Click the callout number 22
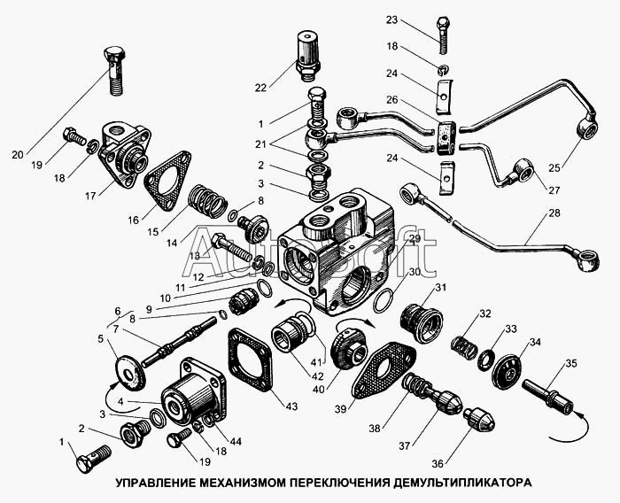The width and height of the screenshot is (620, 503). (x=260, y=88)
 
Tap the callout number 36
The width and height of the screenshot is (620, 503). (x=438, y=463)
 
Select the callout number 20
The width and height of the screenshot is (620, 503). (x=18, y=155)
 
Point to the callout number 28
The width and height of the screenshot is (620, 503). (x=554, y=213)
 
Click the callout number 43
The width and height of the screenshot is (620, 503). (x=291, y=406)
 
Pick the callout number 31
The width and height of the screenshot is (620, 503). (x=441, y=287)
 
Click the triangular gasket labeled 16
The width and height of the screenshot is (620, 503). (x=167, y=182)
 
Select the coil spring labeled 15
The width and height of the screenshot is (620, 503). (x=206, y=202)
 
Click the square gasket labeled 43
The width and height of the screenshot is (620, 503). (x=250, y=360)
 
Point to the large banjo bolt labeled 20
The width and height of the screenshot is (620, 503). (x=114, y=71)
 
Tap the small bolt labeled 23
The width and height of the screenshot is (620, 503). (x=443, y=35)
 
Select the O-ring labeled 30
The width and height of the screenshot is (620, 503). (x=383, y=301)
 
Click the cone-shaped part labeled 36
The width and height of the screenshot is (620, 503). (x=479, y=420)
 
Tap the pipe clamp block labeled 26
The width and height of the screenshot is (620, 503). (x=446, y=137)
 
